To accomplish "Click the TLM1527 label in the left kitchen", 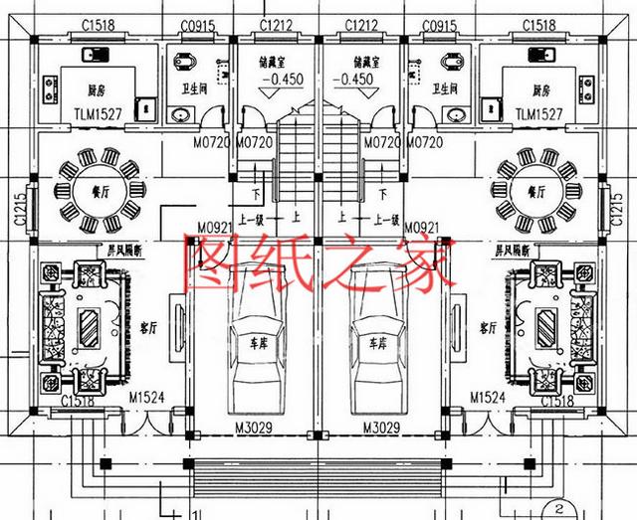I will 98,114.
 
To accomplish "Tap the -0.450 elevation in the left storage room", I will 276,80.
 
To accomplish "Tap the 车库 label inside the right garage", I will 378,342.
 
